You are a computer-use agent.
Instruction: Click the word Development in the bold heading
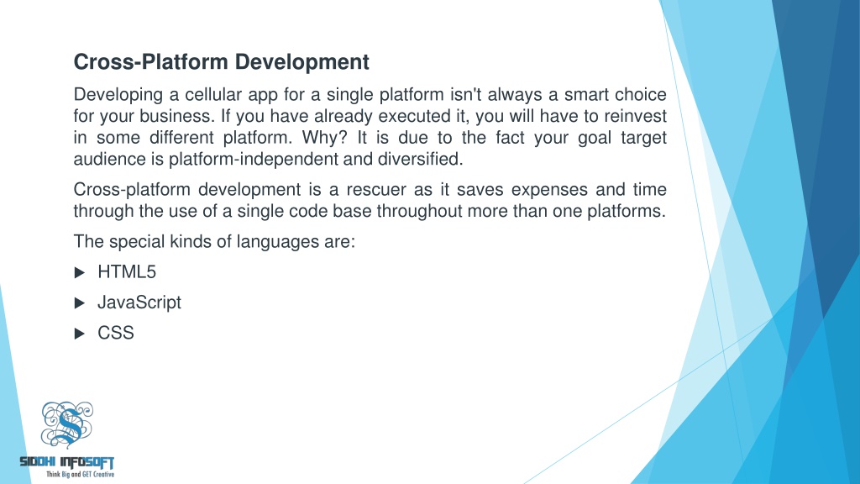[x=302, y=62]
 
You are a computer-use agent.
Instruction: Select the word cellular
[x=213, y=94]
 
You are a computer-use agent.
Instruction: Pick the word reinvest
[x=635, y=116]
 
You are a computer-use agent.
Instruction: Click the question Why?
[x=325, y=137]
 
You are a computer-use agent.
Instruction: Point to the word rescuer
[x=372, y=189]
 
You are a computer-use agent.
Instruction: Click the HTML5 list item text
[x=127, y=272]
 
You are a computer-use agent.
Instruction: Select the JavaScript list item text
[x=139, y=302]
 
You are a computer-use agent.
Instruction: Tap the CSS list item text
[x=116, y=333]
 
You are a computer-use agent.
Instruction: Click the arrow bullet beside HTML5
[x=80, y=273]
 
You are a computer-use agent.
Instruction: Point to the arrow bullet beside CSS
[x=80, y=334]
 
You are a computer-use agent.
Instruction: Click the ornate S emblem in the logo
[x=67, y=424]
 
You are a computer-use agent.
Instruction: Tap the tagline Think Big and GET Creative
[x=80, y=474]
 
